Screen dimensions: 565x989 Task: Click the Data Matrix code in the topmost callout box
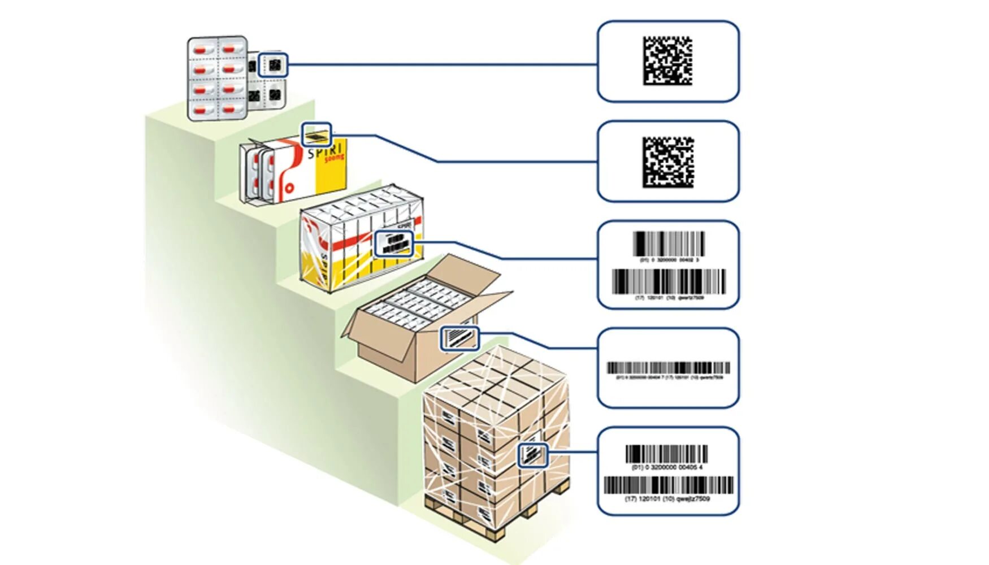click(x=667, y=61)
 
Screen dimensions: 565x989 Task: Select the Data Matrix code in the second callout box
click(x=667, y=162)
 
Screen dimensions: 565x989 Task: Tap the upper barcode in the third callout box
click(x=669, y=244)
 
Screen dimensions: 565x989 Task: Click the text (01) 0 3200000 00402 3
click(x=669, y=260)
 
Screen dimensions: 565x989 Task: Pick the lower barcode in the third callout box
click(x=669, y=281)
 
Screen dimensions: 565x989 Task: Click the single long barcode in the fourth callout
click(x=668, y=368)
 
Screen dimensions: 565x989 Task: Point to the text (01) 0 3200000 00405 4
click(x=667, y=467)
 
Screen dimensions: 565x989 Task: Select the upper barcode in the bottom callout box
click(x=667, y=454)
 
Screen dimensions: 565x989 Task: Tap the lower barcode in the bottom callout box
click(x=668, y=485)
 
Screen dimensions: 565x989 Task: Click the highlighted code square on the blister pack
click(x=274, y=66)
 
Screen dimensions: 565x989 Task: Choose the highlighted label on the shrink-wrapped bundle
click(x=394, y=244)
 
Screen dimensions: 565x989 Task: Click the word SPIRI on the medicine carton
click(x=325, y=151)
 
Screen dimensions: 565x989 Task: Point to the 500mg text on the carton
click(x=334, y=159)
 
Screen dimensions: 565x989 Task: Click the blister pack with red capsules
click(x=217, y=78)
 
